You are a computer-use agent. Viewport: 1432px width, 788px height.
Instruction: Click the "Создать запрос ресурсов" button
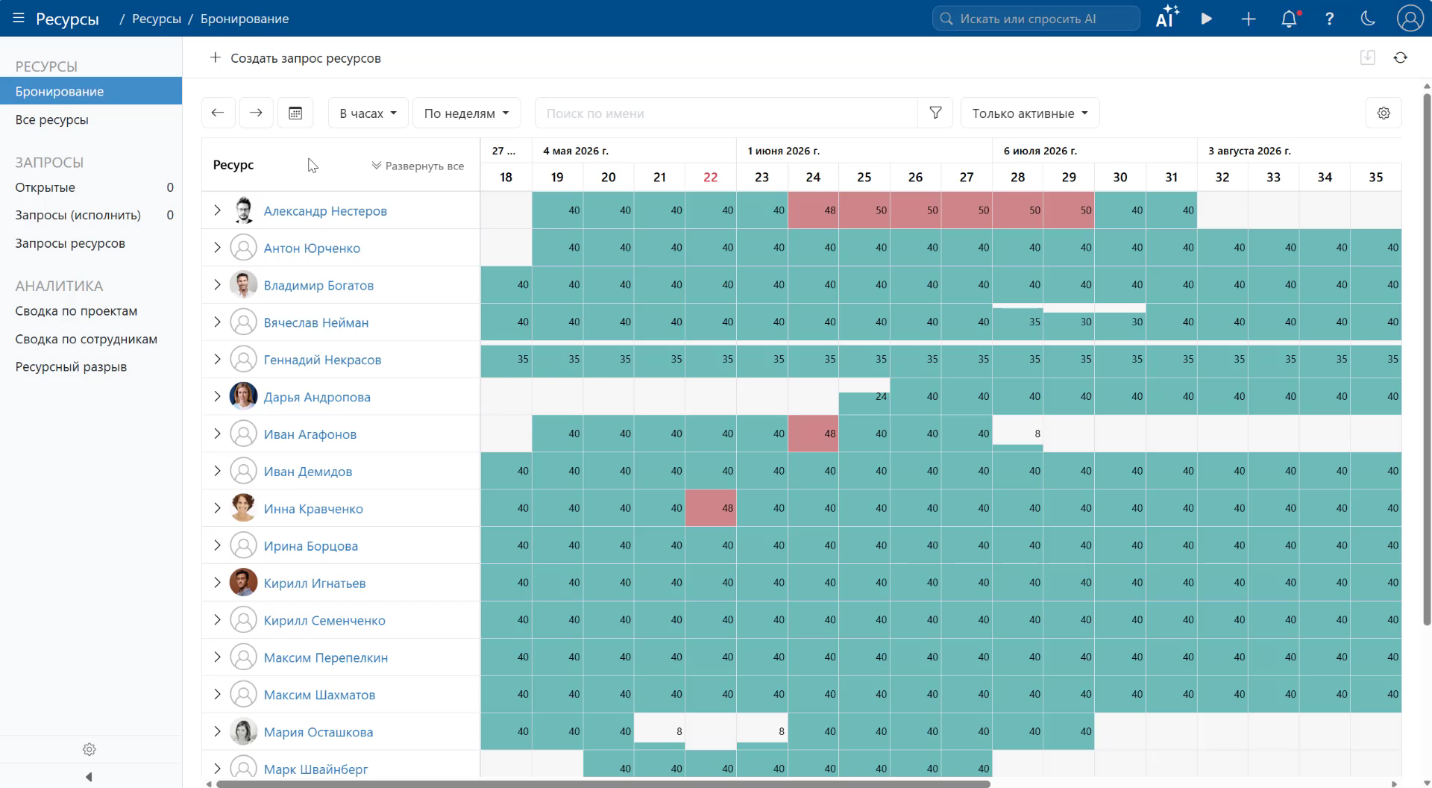295,58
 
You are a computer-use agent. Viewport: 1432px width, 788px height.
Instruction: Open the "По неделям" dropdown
466,113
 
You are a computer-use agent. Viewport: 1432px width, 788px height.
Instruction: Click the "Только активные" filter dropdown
1030,113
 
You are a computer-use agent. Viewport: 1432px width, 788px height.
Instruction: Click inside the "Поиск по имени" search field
726,113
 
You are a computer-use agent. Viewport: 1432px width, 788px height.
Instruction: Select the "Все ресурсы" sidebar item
52,119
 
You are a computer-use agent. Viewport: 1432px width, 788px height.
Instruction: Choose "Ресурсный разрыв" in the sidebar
71,366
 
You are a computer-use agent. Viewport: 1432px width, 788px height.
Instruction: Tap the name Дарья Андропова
317,397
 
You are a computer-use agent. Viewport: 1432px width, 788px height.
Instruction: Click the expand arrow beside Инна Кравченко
217,508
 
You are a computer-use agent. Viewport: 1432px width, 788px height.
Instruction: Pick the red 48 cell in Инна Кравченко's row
711,508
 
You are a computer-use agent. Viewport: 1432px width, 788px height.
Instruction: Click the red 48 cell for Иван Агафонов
813,434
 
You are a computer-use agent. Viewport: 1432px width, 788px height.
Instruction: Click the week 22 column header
711,177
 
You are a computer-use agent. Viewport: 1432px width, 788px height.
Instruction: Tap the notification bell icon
1289,19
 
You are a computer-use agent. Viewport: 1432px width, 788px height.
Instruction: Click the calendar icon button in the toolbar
295,113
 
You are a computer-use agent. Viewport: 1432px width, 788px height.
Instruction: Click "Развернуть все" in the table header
418,166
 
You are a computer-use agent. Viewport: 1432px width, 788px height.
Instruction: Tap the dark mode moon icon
1368,19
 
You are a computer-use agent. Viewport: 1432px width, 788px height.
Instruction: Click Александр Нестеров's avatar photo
243,210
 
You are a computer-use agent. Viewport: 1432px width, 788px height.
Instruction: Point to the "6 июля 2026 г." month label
1040,151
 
